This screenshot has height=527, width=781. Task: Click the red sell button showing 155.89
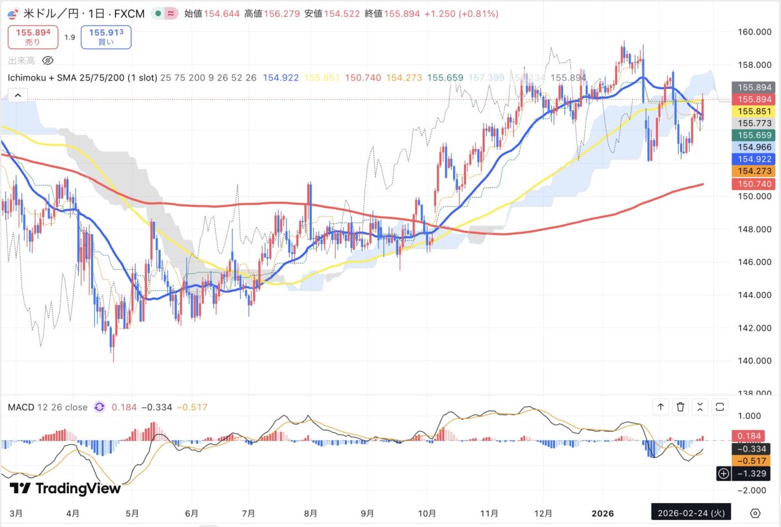[x=33, y=36]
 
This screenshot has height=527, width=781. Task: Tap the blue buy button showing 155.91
[x=105, y=36]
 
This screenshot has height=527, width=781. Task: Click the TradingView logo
[x=65, y=488]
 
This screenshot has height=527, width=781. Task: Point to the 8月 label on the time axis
[x=310, y=512]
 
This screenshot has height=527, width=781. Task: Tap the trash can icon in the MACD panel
[x=680, y=407]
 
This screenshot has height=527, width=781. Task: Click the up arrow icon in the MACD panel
[x=661, y=407]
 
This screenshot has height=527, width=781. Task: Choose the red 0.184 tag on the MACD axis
[x=751, y=436]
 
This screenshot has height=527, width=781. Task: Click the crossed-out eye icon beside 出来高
[x=48, y=61]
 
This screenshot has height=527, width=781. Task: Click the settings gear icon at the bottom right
[x=755, y=512]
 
